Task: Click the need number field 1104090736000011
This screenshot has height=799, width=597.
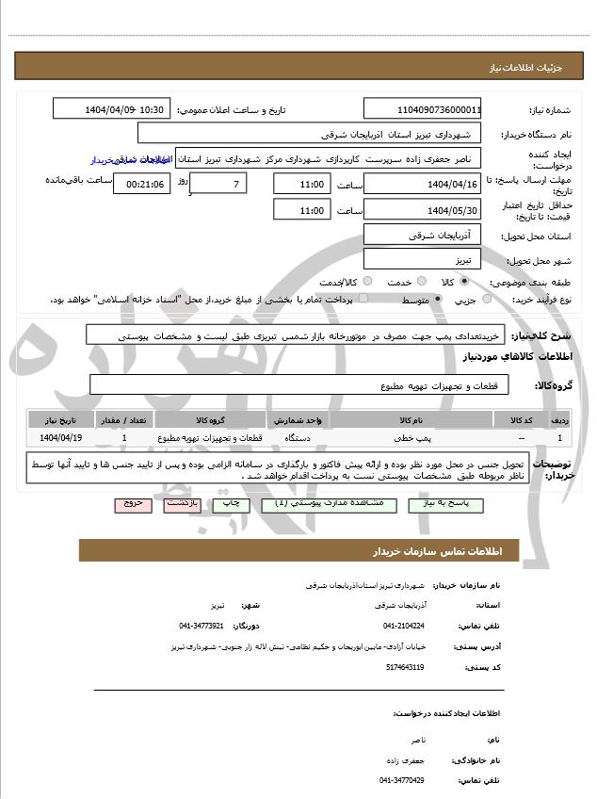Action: [422, 108]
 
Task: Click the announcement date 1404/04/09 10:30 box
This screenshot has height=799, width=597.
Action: [112, 108]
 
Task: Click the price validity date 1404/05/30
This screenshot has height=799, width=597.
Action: [422, 210]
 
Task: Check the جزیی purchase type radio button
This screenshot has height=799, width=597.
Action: [487, 300]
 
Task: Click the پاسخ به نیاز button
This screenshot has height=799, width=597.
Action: [446, 505]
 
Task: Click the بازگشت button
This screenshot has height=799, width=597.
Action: [183, 504]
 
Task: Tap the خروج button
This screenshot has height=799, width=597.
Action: [133, 504]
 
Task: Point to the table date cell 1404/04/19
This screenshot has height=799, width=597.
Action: [62, 438]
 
